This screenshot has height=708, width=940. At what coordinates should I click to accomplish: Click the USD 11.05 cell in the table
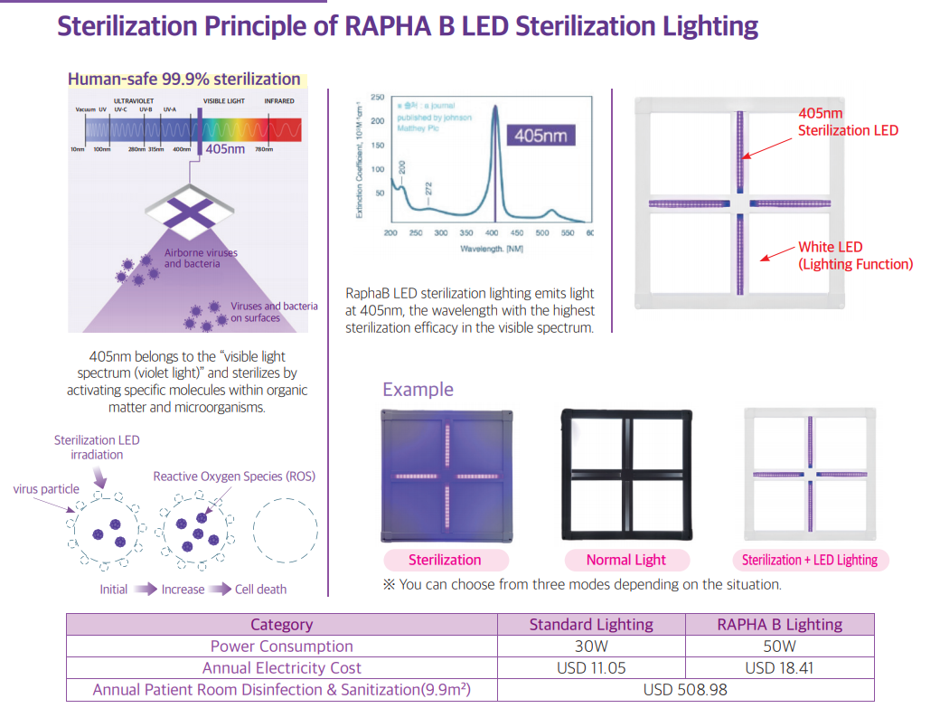pyautogui.click(x=592, y=668)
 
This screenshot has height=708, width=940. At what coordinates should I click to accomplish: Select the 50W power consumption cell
pyautogui.click(x=779, y=647)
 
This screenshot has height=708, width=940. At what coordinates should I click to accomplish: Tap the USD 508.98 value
pyautogui.click(x=685, y=690)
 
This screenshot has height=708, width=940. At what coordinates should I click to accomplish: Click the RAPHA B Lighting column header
pyautogui.click(x=779, y=625)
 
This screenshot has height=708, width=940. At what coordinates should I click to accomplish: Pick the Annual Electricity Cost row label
pyautogui.click(x=281, y=668)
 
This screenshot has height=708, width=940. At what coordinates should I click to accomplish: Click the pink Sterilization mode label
pyautogui.click(x=445, y=560)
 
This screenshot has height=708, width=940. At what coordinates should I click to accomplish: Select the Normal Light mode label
pyautogui.click(x=625, y=560)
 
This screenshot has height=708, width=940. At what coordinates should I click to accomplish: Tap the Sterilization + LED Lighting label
pyautogui.click(x=809, y=560)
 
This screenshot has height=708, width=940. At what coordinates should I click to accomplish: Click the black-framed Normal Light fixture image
pyautogui.click(x=626, y=475)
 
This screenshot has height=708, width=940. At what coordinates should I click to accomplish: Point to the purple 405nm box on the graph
pyautogui.click(x=540, y=136)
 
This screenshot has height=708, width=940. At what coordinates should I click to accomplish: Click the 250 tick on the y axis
pyautogui.click(x=378, y=97)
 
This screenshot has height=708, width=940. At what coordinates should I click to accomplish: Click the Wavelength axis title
pyautogui.click(x=490, y=248)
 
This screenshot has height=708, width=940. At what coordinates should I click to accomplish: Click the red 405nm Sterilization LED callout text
pyautogui.click(x=848, y=122)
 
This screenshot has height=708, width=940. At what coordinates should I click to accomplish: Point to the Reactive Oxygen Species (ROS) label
pyautogui.click(x=234, y=477)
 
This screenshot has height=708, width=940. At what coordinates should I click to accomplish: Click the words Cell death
pyautogui.click(x=260, y=590)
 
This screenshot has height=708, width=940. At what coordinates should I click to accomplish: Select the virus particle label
pyautogui.click(x=46, y=489)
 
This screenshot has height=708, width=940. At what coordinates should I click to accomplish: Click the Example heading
pyautogui.click(x=418, y=390)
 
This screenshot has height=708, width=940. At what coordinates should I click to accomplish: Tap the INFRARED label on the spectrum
pyautogui.click(x=278, y=101)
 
